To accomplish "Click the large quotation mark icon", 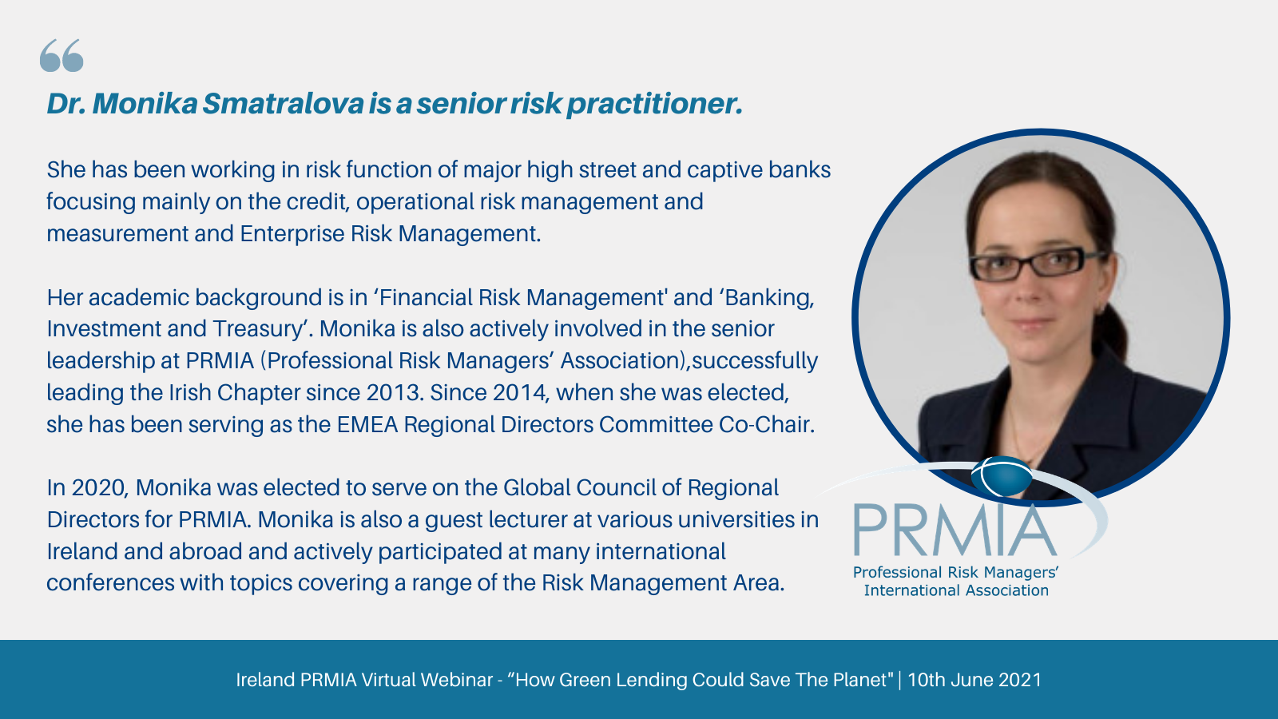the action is click(62, 55).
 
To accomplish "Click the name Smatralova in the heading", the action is click(283, 103).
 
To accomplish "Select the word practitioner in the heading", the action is click(654, 105).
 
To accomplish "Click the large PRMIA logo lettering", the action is click(955, 530).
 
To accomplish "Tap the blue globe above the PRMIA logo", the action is click(1002, 476).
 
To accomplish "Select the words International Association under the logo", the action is click(956, 590).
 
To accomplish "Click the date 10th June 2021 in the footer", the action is click(974, 680).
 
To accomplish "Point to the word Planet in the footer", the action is click(859, 680).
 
